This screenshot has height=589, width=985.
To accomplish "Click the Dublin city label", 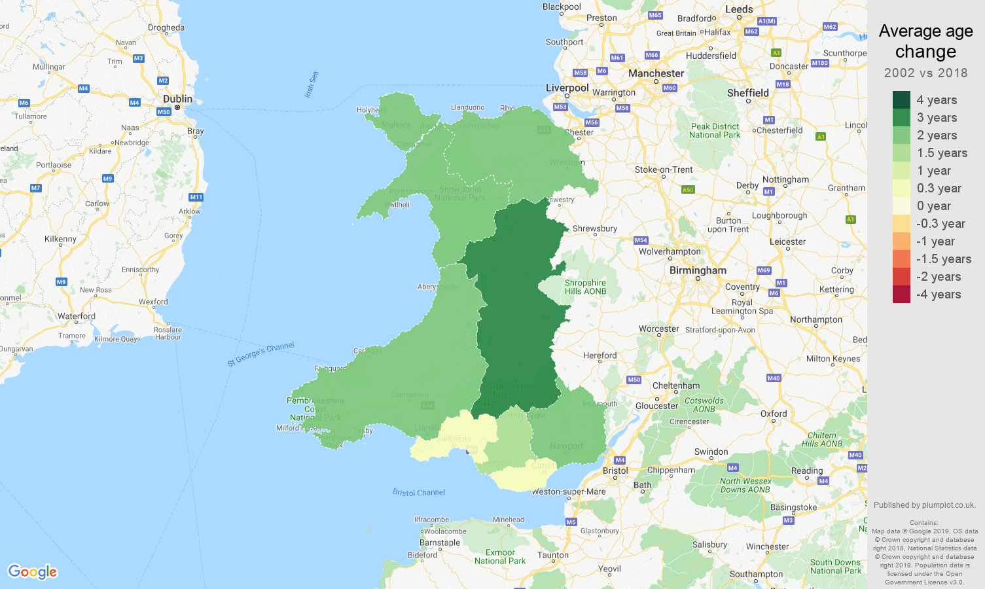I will (x=177, y=99).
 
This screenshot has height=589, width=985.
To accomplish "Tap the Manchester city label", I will (x=656, y=73).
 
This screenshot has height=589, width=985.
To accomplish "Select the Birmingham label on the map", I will (x=698, y=270).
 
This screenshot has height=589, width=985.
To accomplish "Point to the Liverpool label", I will (x=567, y=88).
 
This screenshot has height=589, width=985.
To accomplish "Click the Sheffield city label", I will (x=747, y=93).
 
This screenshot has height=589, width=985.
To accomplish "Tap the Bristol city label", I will (x=615, y=471).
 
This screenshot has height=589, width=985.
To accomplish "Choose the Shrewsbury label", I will (x=594, y=228).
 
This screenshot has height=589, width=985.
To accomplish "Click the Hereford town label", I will (x=600, y=355).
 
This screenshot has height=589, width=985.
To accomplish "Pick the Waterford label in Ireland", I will (x=76, y=316).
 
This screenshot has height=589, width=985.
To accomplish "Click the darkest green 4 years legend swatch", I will (x=901, y=99).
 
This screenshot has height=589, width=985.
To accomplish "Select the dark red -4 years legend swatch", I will (x=901, y=294).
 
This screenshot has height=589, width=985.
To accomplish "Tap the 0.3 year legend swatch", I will (x=901, y=188).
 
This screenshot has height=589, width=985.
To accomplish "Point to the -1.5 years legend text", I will (x=944, y=259).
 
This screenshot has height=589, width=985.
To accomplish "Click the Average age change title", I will (x=925, y=41).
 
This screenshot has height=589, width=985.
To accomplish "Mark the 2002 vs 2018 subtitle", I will (x=925, y=73).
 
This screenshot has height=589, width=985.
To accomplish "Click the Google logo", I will (x=33, y=571).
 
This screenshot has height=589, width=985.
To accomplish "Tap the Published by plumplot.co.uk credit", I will (x=924, y=505).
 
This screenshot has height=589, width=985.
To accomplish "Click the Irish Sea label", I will (x=312, y=84).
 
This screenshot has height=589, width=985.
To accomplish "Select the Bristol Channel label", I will (x=419, y=492).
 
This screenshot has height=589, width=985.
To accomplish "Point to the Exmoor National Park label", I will (x=500, y=556).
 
